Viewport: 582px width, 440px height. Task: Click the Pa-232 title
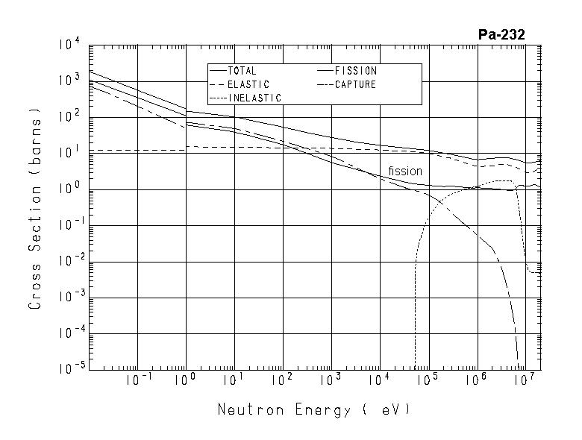pos(501,34)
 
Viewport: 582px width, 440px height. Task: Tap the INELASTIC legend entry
pos(254,98)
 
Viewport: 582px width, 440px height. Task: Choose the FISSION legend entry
pos(355,71)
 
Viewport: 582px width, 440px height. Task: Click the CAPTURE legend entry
pos(355,84)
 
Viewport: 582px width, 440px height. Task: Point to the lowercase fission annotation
pos(405,172)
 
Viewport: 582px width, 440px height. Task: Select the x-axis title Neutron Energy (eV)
pos(313,409)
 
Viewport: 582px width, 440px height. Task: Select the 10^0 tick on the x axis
pos(186,381)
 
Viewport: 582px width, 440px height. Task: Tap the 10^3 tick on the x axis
pos(331,381)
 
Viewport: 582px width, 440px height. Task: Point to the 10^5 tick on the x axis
pos(428,381)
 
